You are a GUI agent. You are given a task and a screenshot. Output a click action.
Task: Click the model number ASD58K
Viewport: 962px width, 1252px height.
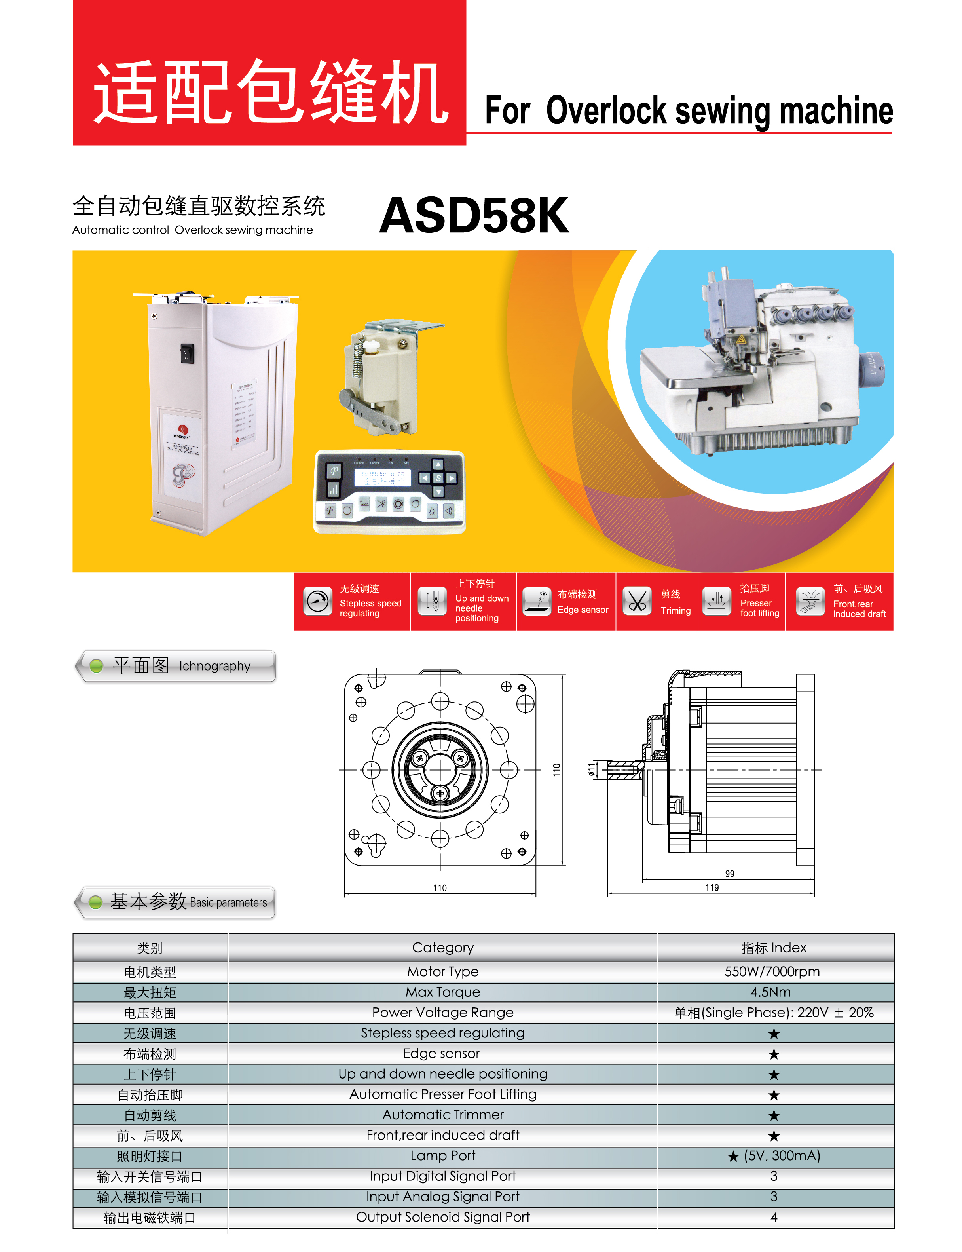474,215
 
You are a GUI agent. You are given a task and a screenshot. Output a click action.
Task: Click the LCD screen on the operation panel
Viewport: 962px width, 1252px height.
383,478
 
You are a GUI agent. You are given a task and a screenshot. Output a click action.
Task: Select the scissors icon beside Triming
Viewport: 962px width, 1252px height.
637,601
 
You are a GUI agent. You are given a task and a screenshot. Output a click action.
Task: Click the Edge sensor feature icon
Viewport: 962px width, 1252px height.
537,601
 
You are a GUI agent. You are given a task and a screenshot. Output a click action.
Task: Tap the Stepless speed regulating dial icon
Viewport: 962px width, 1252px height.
318,601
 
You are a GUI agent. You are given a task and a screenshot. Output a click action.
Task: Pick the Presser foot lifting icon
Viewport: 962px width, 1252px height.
716,601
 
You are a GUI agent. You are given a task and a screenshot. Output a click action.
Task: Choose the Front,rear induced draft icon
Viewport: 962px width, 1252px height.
810,601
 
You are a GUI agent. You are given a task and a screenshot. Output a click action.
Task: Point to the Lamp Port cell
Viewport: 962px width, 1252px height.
443,1155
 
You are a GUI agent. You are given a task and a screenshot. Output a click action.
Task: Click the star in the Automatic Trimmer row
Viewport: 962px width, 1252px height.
774,1115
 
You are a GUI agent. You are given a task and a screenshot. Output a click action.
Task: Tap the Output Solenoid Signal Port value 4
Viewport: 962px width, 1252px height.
774,1216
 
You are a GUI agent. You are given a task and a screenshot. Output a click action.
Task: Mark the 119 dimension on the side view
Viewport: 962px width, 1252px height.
712,887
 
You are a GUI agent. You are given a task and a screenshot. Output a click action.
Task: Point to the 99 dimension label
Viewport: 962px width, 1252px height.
730,874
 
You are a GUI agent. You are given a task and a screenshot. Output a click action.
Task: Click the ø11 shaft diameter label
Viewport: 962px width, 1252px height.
592,769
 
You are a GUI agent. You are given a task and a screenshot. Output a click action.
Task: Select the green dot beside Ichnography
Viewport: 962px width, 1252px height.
96,665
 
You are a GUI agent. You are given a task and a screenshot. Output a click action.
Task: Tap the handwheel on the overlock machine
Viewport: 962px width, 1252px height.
871,369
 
